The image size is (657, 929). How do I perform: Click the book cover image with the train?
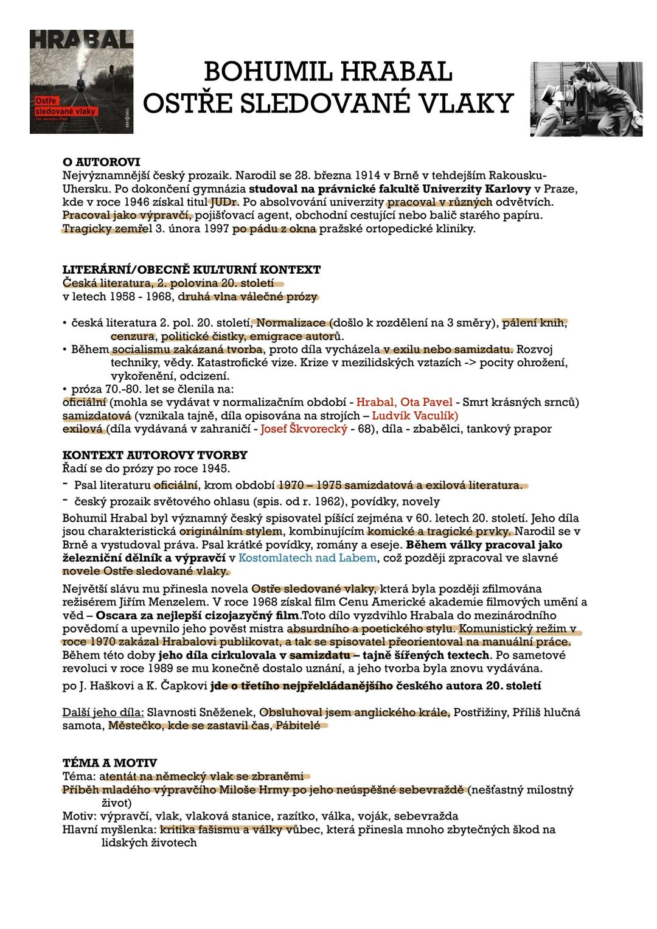82,82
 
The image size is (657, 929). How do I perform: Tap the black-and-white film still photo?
586,99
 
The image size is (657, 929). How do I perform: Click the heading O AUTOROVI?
102,162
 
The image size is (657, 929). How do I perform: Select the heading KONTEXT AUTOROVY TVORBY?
155,455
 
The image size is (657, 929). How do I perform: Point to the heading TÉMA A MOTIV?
109,763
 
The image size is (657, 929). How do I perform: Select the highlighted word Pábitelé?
298,725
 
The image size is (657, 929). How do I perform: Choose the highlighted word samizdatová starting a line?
97,416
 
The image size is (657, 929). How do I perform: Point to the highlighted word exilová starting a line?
84,429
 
